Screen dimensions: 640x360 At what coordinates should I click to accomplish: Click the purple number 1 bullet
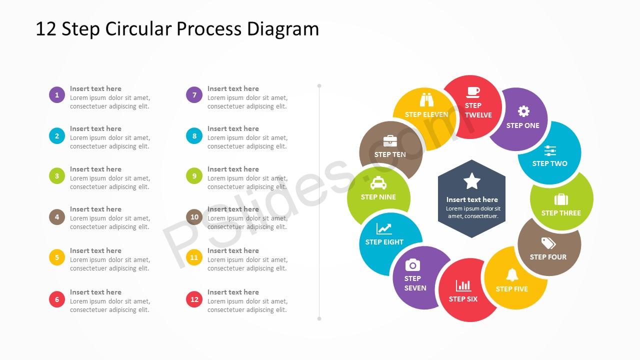57,95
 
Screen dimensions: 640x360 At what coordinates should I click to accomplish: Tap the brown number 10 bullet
194,217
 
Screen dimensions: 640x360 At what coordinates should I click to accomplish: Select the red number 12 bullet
194,299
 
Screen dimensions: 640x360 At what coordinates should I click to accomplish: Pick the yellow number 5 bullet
57,257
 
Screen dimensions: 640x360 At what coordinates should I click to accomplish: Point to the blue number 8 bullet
194,135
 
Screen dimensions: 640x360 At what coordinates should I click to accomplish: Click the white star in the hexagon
471,181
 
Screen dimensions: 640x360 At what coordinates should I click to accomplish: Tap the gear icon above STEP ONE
523,111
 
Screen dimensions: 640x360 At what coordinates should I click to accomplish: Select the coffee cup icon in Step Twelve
473,92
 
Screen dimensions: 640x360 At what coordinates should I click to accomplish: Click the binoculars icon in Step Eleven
426,99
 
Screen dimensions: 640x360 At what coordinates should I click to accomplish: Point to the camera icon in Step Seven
412,265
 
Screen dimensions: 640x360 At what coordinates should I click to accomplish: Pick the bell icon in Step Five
512,275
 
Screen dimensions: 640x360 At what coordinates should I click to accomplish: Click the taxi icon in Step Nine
378,183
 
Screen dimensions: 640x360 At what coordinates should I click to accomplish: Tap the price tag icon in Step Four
548,243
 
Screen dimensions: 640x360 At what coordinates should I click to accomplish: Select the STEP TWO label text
549,163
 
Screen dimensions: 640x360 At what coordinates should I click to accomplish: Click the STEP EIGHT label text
384,242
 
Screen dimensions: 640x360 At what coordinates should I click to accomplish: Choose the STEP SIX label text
463,299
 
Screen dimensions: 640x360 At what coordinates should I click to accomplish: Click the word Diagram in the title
283,29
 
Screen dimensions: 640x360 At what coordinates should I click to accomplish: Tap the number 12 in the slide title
45,29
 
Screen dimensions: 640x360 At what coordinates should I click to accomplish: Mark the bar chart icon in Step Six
463,285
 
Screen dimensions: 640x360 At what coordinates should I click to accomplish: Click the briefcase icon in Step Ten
390,141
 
